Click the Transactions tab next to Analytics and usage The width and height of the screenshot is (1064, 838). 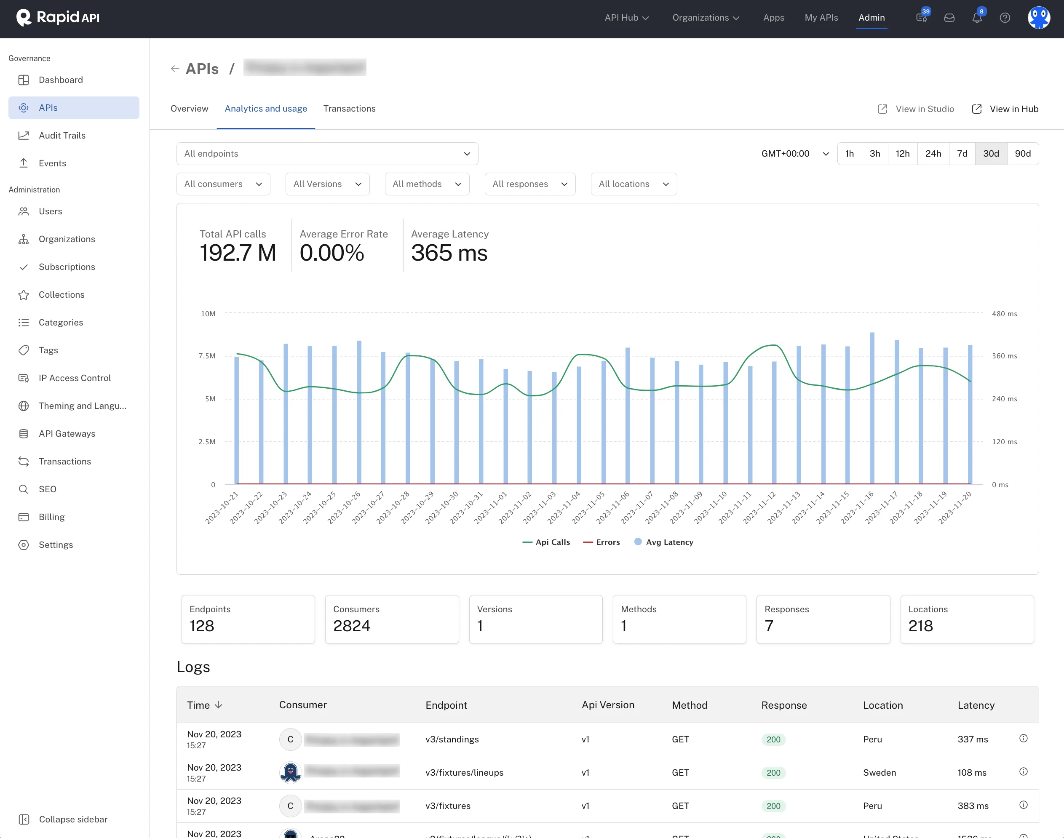tap(349, 108)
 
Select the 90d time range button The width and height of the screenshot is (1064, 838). tap(1022, 154)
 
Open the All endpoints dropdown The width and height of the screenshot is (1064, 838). tap(327, 154)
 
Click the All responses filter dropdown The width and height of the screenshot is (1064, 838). tap(529, 184)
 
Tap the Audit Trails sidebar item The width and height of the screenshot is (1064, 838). tap(62, 136)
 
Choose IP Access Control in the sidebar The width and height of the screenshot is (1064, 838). tap(75, 378)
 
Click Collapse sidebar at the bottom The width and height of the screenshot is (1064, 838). tap(72, 819)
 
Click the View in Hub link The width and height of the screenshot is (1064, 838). tap(1013, 109)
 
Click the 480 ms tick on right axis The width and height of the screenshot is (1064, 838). tap(1004, 314)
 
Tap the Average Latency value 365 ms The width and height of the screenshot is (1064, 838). tap(449, 253)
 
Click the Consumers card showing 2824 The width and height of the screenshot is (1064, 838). tap(392, 619)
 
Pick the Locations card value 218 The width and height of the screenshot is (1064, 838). tap(920, 626)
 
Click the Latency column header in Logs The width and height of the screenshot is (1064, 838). tap(976, 705)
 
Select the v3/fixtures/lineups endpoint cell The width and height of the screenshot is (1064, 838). tap(464, 772)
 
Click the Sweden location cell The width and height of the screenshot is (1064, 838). tap(879, 772)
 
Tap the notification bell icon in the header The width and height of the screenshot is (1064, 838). tap(977, 18)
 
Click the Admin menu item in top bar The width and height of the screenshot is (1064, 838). tap(871, 18)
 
